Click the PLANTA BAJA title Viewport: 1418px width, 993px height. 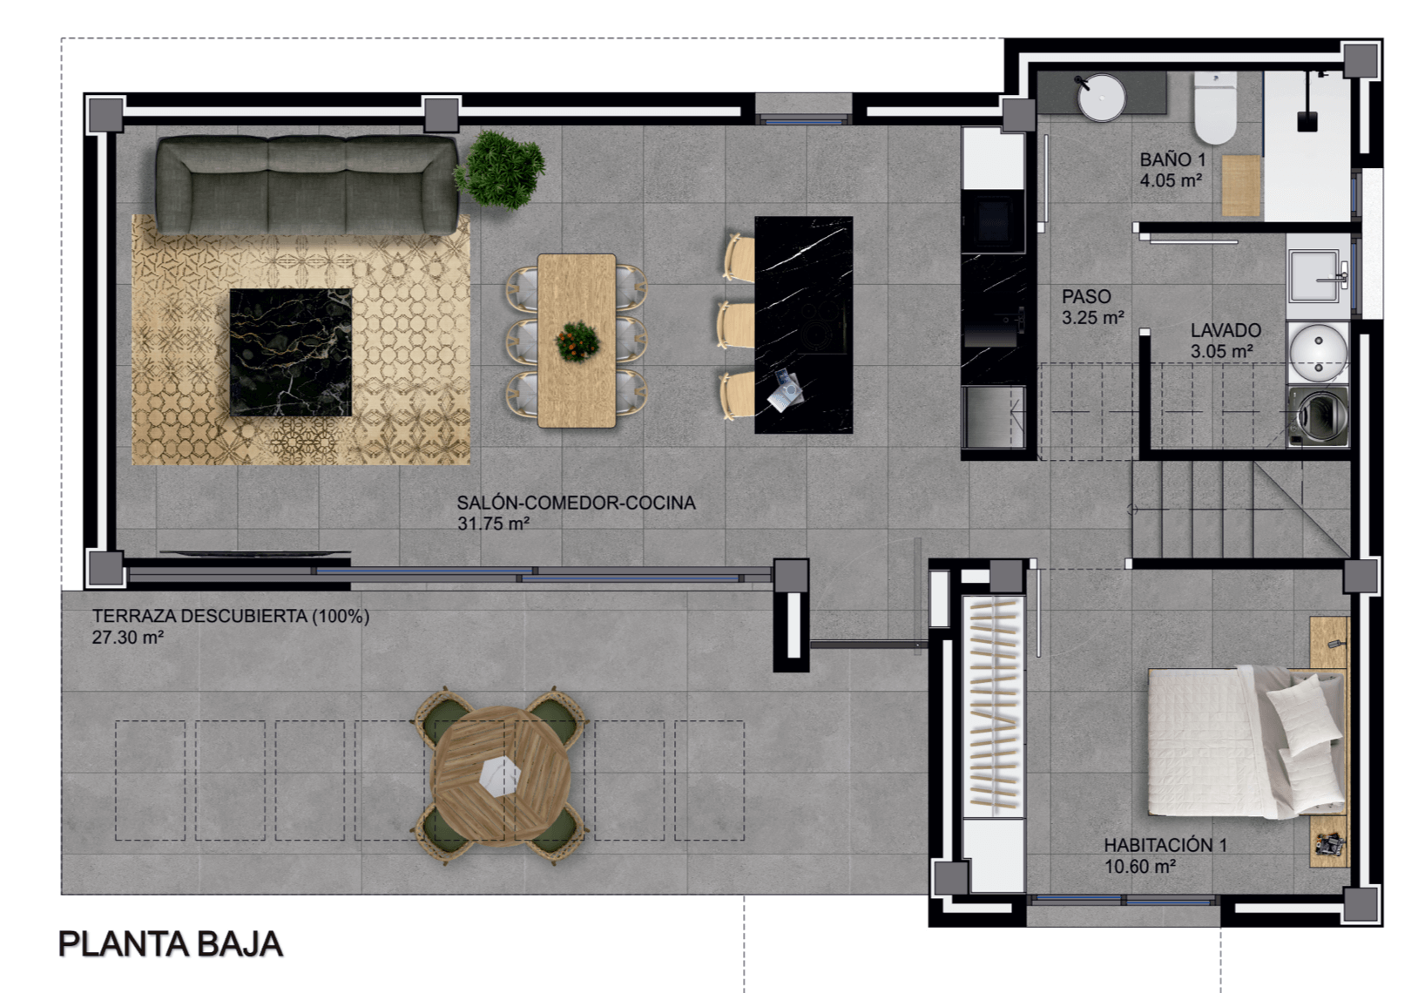[171, 944]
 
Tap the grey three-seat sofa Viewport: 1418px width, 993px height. [307, 185]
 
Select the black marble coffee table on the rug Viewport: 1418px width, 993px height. [291, 352]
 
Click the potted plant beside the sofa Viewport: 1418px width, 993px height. [499, 169]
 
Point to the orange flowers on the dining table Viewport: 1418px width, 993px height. [577, 341]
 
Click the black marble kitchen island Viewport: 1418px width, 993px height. [803, 325]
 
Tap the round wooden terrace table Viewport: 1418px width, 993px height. [500, 776]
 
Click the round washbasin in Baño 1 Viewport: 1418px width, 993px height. [1102, 98]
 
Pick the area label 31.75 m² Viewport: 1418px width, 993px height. [493, 524]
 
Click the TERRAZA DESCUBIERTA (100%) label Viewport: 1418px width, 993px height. [231, 616]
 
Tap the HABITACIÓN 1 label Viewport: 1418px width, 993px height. [1165, 845]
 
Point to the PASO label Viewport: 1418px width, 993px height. [1086, 296]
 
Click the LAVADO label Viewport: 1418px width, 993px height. [1226, 330]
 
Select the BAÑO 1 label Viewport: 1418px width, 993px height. [1173, 159]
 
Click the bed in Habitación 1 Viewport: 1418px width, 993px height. [1246, 742]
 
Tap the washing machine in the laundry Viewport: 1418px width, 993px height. [1319, 415]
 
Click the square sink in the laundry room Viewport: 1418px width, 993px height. [1315, 277]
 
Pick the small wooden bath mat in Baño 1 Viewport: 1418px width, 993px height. [1240, 186]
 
